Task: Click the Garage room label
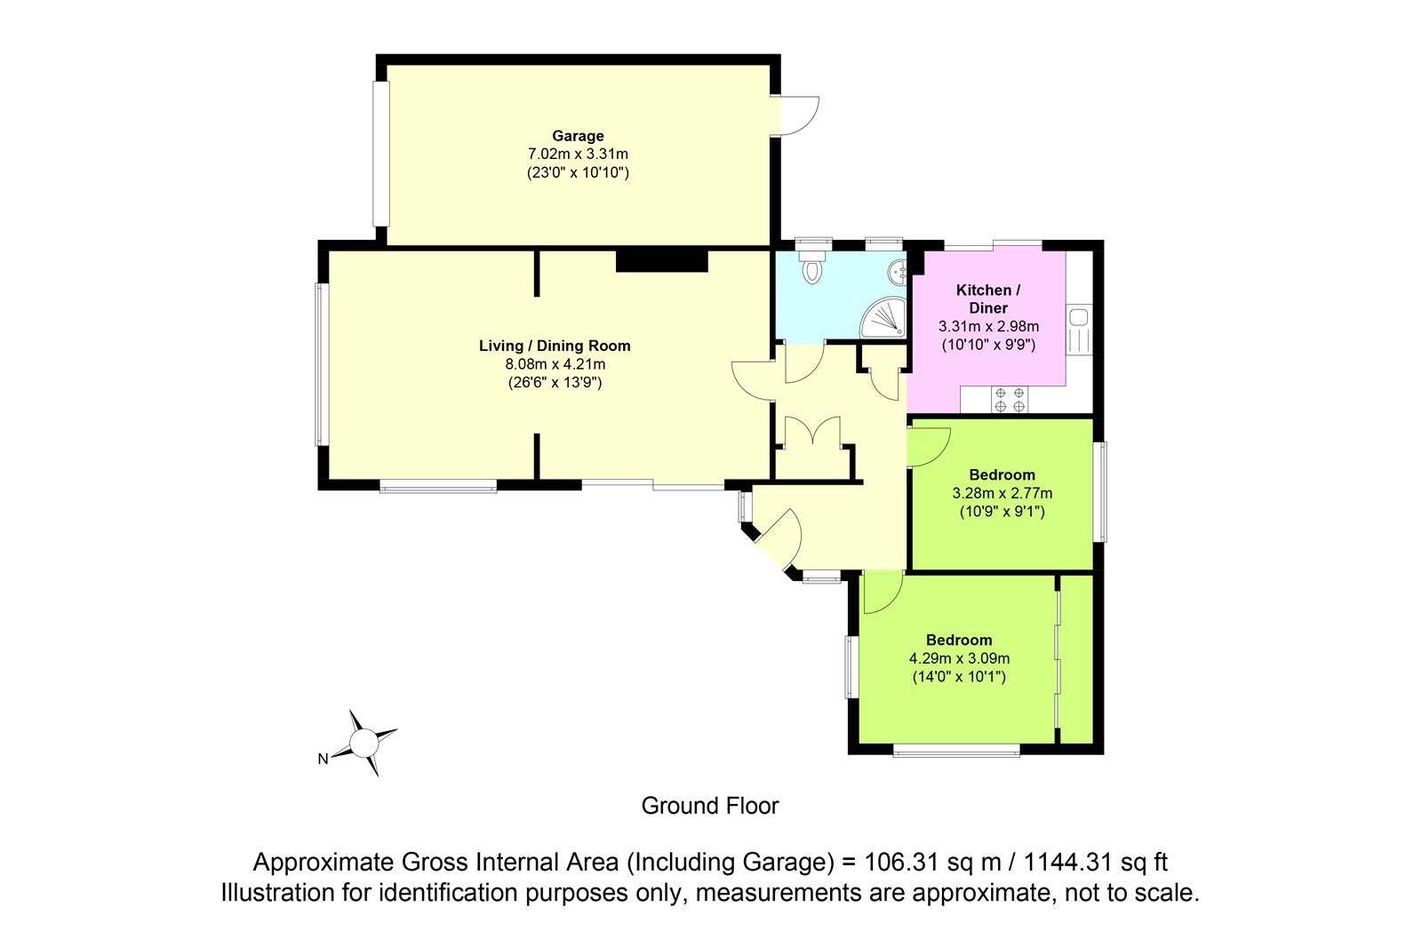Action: (578, 136)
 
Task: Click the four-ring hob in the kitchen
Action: (1010, 400)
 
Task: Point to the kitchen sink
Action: (1079, 330)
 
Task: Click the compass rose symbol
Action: (364, 744)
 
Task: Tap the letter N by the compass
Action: (324, 760)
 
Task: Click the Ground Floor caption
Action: (710, 806)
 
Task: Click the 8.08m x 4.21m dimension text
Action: (555, 364)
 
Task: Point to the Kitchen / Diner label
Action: (988, 299)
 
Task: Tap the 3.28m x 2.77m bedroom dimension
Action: (1003, 493)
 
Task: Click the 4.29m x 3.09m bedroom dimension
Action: (959, 658)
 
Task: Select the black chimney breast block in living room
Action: (662, 261)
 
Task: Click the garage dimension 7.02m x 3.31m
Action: (578, 155)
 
